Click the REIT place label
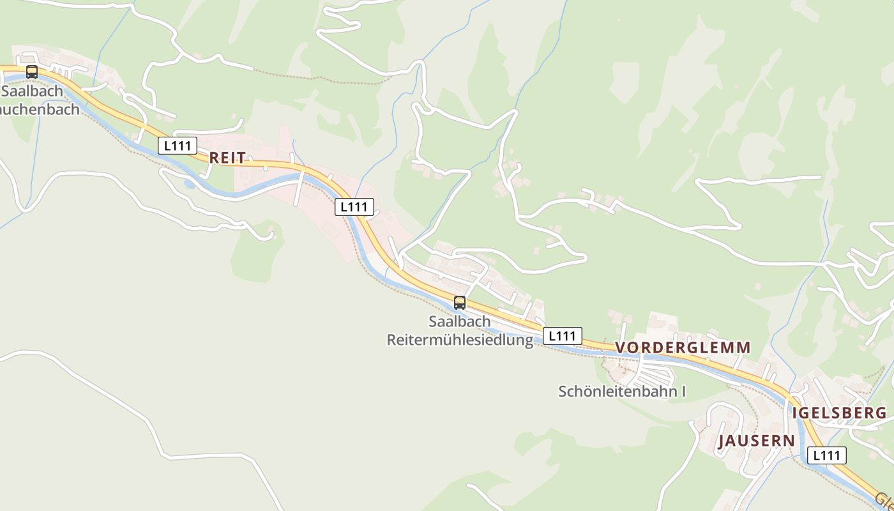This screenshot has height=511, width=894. [x=227, y=158]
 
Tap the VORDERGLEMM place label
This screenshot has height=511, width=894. [x=683, y=347]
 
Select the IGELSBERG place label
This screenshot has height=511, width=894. [x=839, y=413]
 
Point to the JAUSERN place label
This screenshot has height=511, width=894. [x=757, y=441]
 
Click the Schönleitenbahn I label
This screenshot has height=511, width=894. [x=622, y=391]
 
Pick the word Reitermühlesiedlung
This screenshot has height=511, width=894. [x=460, y=340]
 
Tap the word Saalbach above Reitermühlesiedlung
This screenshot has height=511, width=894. [x=460, y=321]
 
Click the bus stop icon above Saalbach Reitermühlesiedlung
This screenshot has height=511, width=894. [x=460, y=303]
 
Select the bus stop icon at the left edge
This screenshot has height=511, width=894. [x=32, y=72]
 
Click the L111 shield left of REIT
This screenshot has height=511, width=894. [x=178, y=146]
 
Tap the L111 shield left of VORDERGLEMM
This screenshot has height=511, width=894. [x=563, y=335]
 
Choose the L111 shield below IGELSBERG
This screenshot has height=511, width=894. [x=827, y=455]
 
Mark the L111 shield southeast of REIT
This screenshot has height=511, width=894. [x=354, y=206]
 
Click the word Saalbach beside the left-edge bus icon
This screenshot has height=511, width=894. [x=32, y=91]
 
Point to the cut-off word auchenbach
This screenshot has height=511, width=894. [x=40, y=109]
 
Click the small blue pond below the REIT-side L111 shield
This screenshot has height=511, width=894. [x=189, y=185]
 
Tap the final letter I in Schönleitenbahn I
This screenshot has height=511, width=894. [x=683, y=391]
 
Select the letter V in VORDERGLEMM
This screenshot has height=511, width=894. [x=621, y=347]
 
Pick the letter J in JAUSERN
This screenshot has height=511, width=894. [x=723, y=441]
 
